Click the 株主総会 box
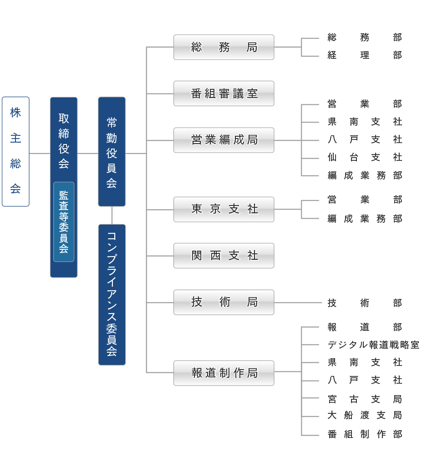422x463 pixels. point(15,151)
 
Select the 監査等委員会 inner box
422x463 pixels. point(64,222)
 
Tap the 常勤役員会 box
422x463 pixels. point(112,151)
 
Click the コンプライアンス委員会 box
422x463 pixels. point(112,295)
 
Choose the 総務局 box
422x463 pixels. point(224,47)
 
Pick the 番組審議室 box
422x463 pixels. point(224,93)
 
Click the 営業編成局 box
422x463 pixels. point(224,140)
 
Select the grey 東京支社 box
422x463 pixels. point(224,209)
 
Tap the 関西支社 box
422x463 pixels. point(224,256)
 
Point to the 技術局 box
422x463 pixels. point(224,303)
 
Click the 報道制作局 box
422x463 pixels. point(224,373)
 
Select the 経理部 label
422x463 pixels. point(365,55)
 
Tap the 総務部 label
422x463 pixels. point(365,37)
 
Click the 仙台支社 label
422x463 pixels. point(365,157)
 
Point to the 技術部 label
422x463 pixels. point(365,303)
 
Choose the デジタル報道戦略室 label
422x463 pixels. point(373,345)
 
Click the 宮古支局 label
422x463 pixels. point(365,399)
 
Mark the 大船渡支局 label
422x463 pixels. point(365,415)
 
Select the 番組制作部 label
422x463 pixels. point(365,434)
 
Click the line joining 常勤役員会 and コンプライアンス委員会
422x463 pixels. point(112,216)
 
